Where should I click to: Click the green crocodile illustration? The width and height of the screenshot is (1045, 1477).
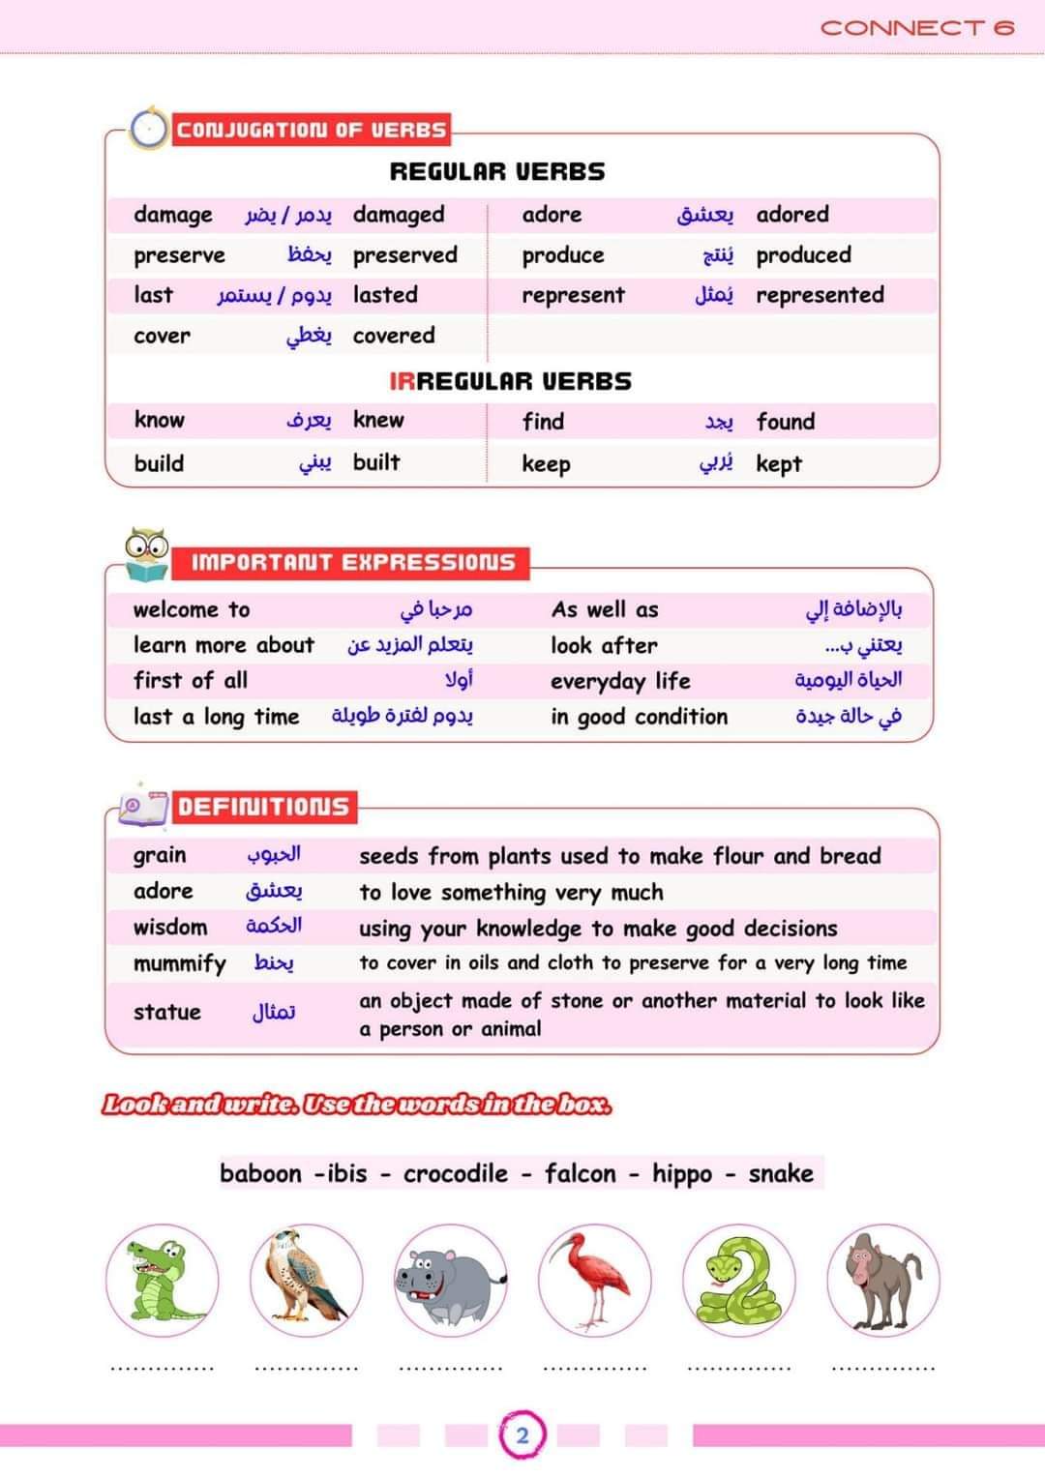click(x=162, y=1281)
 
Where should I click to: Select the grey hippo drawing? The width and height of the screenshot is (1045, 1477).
click(x=450, y=1281)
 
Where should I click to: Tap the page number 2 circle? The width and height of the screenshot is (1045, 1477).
click(x=522, y=1434)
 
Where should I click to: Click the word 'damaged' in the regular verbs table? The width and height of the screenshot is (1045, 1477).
click(x=399, y=215)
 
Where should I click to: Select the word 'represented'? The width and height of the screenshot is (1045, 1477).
click(x=820, y=295)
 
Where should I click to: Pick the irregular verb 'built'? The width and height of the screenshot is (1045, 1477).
click(x=376, y=462)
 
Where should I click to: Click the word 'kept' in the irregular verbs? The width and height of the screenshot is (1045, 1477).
click(x=779, y=464)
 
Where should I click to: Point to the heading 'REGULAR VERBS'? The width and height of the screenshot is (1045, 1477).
click(x=497, y=172)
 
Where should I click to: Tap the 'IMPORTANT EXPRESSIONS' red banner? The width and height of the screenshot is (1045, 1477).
click(x=352, y=562)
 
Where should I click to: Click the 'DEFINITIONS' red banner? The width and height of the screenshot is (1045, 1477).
click(x=263, y=807)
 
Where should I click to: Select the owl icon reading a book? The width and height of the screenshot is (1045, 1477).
click(x=147, y=554)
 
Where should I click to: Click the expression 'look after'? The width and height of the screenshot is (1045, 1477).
click(x=604, y=645)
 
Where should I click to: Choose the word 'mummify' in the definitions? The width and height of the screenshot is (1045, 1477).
click(x=179, y=963)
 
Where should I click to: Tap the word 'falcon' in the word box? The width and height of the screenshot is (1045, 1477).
click(x=580, y=1173)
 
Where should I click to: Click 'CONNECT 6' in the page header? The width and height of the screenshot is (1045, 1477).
click(x=917, y=27)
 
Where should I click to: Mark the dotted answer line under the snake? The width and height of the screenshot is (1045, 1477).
click(x=738, y=1368)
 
